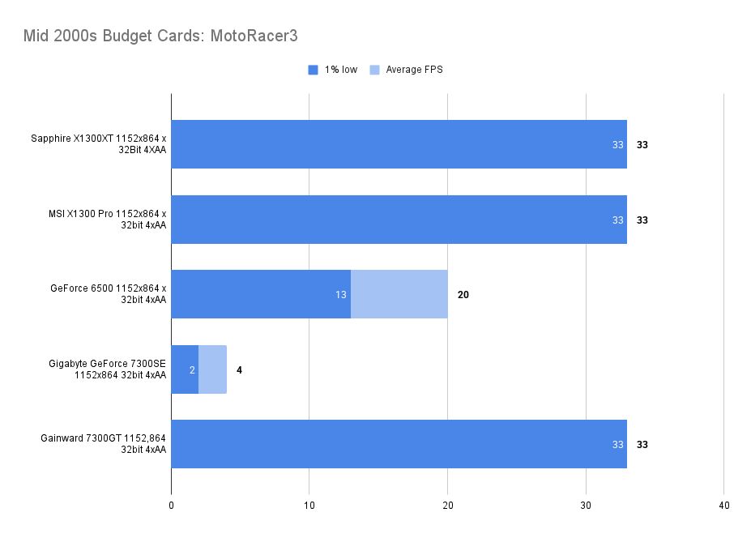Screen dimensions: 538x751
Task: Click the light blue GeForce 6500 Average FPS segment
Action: [x=399, y=294]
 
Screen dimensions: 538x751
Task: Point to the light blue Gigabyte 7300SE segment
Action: [x=212, y=369]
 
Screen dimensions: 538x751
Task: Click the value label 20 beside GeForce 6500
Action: [x=463, y=295]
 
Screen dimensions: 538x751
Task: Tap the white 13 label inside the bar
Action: [x=341, y=295]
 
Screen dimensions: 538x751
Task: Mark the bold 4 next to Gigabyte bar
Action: [x=239, y=370]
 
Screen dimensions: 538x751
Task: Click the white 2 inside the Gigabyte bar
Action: [x=191, y=370]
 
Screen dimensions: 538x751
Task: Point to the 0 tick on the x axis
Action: [x=171, y=506]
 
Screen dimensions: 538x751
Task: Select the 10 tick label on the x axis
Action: [x=309, y=506]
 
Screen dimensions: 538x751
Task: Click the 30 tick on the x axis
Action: [x=586, y=506]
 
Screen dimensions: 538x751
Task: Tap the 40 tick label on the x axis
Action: [x=723, y=506]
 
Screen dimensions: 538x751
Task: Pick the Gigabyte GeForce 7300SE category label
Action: [x=107, y=369]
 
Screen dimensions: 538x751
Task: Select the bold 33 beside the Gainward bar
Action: [x=642, y=445]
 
